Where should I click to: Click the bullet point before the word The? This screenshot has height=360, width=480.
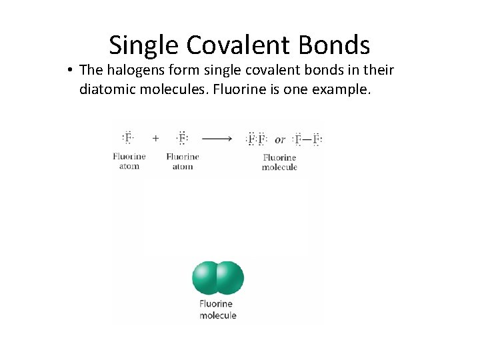pyautogui.click(x=70, y=70)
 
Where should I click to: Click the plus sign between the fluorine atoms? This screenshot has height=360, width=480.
pyautogui.click(x=156, y=139)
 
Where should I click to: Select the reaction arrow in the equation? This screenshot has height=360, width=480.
pyautogui.click(x=217, y=139)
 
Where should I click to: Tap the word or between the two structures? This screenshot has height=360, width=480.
pyautogui.click(x=280, y=139)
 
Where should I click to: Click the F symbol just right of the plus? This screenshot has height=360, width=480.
pyautogui.click(x=182, y=139)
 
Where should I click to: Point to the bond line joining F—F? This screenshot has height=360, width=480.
pyautogui.click(x=307, y=139)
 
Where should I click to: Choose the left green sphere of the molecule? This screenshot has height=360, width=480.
pyautogui.click(x=206, y=278)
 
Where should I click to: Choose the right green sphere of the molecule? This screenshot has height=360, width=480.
pyautogui.click(x=230, y=278)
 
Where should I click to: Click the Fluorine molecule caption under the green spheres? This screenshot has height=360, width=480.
pyautogui.click(x=217, y=309)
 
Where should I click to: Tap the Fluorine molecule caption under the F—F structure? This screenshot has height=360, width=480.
pyautogui.click(x=279, y=163)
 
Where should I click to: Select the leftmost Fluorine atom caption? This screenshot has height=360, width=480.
pyautogui.click(x=129, y=161)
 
